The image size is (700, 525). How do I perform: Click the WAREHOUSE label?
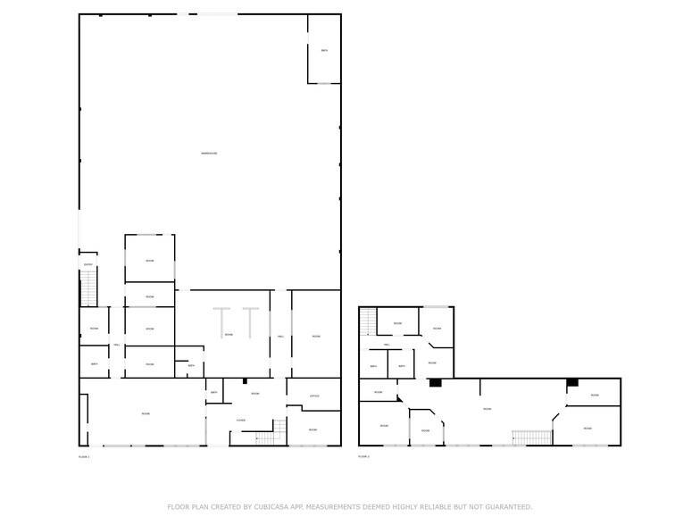209,154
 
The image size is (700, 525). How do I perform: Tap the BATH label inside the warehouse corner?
324,50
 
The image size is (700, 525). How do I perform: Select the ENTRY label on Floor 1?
87,264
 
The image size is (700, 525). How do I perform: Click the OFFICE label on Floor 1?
314,396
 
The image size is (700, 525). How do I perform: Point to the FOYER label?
241,420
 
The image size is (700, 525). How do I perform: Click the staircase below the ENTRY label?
88,287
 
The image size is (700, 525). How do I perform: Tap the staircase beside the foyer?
265,437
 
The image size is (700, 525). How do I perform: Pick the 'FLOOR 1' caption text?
85,456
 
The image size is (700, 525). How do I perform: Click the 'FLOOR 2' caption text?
363,456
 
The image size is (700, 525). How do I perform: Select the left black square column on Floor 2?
435,383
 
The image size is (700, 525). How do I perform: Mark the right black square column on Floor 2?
572,383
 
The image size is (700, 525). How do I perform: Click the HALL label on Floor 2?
387,344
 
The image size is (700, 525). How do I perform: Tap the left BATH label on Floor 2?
373,366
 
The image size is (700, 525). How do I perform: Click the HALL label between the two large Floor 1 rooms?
280,336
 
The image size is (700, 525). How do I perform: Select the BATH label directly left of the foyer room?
214,393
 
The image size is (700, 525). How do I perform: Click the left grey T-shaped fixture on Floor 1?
221,321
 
